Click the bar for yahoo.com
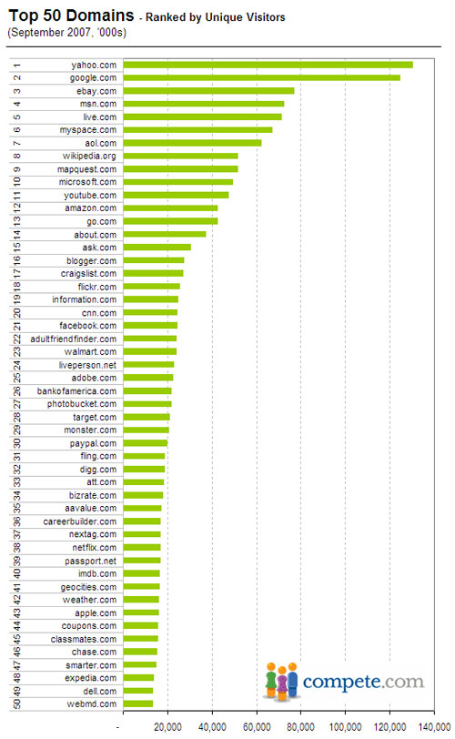tap(268, 65)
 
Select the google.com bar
tap(262, 77)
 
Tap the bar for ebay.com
tap(208, 91)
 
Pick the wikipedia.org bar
tap(180, 156)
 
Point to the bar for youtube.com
tap(176, 195)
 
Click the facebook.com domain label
tap(88, 326)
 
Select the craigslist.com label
tap(88, 274)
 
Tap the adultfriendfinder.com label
tap(74, 339)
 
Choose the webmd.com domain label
tap(92, 704)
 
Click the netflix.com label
tap(95, 548)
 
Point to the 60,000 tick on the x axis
tap(257, 727)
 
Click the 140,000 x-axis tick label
tap(436, 727)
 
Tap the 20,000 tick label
tap(167, 727)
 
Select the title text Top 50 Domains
tap(72, 15)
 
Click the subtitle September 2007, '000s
tap(66, 33)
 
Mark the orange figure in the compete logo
tap(271, 680)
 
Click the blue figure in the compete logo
tap(292, 680)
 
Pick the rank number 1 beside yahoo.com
tap(17, 66)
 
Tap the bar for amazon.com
tap(170, 208)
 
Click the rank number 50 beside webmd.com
tap(17, 704)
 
